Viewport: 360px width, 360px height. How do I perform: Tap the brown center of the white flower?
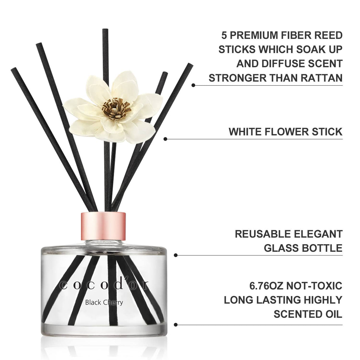point(116,108)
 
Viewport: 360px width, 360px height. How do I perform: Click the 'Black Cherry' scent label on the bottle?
point(104,302)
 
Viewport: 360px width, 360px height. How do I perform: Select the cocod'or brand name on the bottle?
point(104,285)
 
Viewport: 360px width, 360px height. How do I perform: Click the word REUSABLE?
point(261,234)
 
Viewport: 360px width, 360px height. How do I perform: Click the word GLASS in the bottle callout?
point(281,248)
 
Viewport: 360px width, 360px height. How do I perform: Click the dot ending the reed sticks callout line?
point(193,85)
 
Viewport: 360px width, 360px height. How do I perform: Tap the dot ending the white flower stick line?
point(165,139)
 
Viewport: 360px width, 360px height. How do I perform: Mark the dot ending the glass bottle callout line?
point(176,255)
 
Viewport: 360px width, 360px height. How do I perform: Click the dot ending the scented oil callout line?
point(176,325)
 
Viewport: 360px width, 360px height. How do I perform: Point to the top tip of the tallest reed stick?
point(105,30)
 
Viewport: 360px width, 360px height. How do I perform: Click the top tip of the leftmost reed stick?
point(13,69)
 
